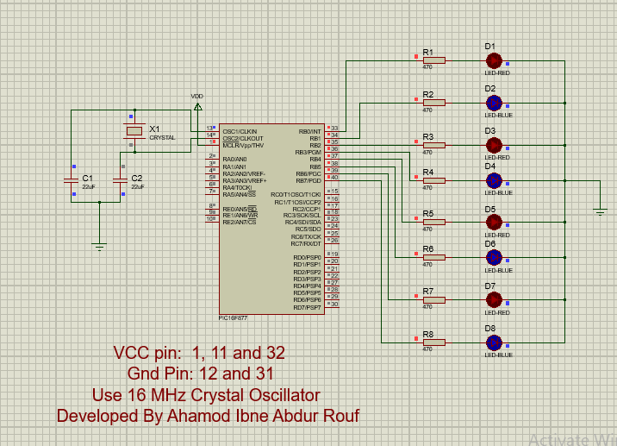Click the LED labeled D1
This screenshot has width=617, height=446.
[x=494, y=60]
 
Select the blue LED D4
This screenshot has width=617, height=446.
[x=494, y=180]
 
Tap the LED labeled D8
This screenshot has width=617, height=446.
[x=494, y=342]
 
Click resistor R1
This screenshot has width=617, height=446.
[x=433, y=60]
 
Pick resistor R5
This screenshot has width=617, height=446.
[x=433, y=223]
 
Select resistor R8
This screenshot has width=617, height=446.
[x=433, y=342]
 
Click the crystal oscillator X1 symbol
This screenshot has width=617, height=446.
[x=134, y=131]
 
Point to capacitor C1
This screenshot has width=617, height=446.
[x=73, y=180]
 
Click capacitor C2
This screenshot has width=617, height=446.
[x=123, y=180]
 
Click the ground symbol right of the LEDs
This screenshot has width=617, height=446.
[x=600, y=210]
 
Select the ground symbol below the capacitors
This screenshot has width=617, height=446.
[x=99, y=247]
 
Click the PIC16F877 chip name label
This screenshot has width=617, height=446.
[x=236, y=317]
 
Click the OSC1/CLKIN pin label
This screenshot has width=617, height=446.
[x=240, y=131]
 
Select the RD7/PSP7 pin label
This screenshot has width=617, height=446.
[x=307, y=307]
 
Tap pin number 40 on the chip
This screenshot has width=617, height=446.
[x=334, y=178]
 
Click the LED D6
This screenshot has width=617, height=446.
[x=494, y=257]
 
